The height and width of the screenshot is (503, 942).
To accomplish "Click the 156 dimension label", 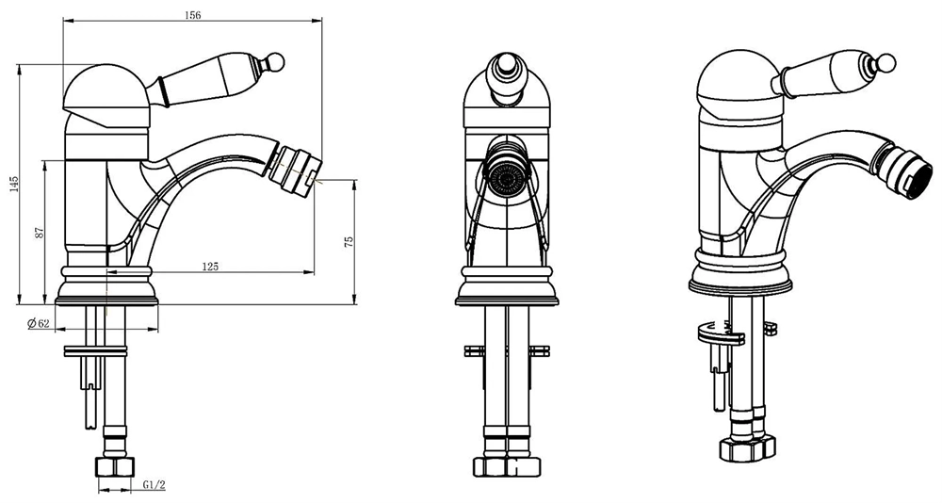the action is tap(193, 16).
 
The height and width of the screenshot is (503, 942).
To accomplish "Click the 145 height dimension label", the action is tap(14, 184).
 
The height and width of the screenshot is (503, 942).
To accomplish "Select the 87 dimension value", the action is tap(40, 232).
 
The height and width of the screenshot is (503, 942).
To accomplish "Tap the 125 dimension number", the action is tap(210, 267).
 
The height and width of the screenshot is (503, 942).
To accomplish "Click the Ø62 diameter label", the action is tap(38, 323).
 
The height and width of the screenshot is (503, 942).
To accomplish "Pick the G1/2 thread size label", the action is tap(154, 485).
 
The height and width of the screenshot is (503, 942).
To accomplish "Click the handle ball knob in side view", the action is tap(275, 60).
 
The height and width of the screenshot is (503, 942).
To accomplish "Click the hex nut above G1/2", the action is tap(115, 466).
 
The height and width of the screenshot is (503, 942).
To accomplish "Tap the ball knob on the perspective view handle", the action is tap(886, 62).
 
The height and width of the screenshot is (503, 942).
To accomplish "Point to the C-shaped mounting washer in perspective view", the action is tap(719, 334).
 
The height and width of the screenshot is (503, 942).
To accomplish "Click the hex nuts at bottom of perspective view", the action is tap(747, 446).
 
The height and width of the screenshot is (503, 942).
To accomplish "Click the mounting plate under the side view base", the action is tap(96, 351).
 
